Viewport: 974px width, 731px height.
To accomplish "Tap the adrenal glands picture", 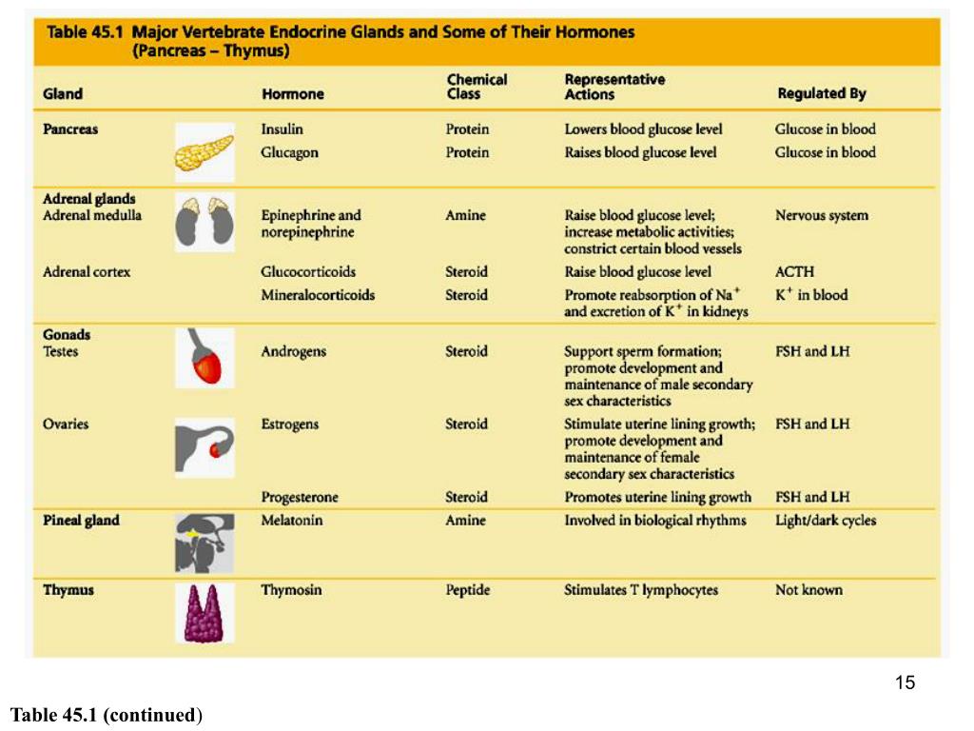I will click(x=204, y=222).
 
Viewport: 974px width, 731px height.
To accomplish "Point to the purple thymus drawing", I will click(x=204, y=612).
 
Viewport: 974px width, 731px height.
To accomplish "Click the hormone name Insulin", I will click(x=282, y=129).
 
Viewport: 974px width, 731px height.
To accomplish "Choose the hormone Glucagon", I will click(x=289, y=152).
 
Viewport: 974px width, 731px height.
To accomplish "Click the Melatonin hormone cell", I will click(x=292, y=521).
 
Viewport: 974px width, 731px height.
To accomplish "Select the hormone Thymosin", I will click(x=291, y=590).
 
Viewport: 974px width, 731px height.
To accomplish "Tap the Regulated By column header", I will click(x=821, y=93).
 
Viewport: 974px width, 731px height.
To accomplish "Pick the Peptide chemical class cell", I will click(x=467, y=590).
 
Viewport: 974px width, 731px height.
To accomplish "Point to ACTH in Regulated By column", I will click(x=794, y=272).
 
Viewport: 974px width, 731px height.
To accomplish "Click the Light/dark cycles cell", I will click(x=825, y=521).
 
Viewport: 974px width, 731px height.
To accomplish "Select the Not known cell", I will click(x=808, y=590).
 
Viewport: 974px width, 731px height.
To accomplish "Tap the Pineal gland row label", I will click(x=81, y=521).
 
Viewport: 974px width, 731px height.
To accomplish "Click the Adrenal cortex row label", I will click(x=87, y=272).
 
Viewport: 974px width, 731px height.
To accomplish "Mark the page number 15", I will click(x=905, y=682).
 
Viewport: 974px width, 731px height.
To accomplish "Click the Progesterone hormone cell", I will click(x=299, y=497).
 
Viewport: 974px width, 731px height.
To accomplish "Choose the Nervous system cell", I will click(x=821, y=216).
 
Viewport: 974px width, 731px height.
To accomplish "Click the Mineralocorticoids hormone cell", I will click(x=318, y=295).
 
